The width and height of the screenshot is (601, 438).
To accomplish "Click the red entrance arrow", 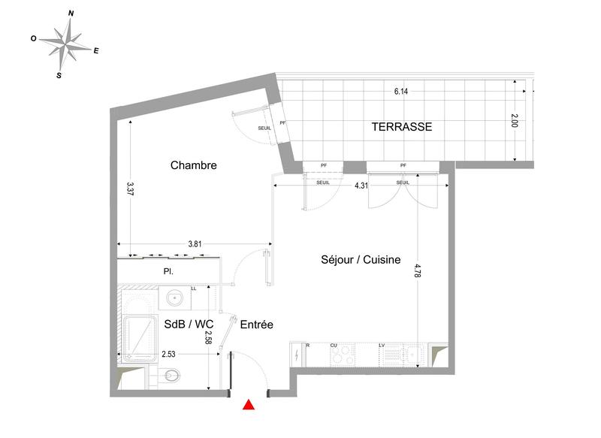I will [249, 406].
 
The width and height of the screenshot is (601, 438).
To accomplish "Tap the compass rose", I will [68, 44].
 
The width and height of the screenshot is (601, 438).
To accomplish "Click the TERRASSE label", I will [402, 127].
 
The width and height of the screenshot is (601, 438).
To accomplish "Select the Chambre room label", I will [193, 165].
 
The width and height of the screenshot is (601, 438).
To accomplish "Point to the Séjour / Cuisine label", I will [350, 259].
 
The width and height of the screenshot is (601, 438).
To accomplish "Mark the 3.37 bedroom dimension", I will [130, 189].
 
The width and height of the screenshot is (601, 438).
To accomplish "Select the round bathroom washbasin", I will [175, 298].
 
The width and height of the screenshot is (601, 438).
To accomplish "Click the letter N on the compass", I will [71, 14].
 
